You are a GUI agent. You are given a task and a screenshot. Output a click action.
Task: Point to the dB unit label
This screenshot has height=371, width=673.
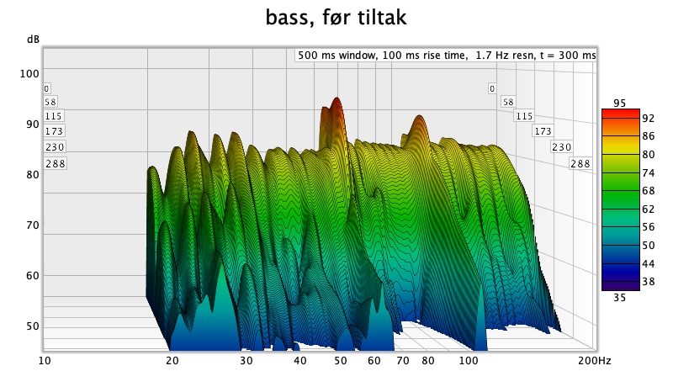point(31,40)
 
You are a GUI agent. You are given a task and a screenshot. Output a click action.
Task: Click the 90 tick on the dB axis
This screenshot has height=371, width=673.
point(30,124)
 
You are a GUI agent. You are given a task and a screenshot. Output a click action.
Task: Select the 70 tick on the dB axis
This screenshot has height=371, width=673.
point(30,225)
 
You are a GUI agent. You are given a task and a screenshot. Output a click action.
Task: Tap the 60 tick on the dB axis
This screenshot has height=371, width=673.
point(30,276)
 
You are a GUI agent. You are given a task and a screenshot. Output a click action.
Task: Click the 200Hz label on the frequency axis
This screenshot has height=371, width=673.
point(594,361)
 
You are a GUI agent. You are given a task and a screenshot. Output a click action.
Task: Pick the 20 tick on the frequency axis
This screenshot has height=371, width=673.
point(172,361)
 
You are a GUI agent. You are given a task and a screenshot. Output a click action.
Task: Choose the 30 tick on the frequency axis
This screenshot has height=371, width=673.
point(246,361)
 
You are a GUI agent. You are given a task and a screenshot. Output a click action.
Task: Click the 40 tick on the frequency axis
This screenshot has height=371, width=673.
point(299,361)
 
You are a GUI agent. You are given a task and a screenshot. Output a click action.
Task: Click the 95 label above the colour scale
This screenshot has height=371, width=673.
point(620,103)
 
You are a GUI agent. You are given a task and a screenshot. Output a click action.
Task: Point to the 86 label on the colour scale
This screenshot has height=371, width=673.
point(625,135)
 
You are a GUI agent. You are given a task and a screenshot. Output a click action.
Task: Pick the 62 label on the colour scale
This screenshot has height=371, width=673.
point(625,209)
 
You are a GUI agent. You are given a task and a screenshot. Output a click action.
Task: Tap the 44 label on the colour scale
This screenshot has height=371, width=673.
point(625,264)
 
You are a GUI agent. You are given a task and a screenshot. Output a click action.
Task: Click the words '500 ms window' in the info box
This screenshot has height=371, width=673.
point(335,56)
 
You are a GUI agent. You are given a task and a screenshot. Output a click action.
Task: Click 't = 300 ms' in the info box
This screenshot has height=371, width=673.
point(568,56)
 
